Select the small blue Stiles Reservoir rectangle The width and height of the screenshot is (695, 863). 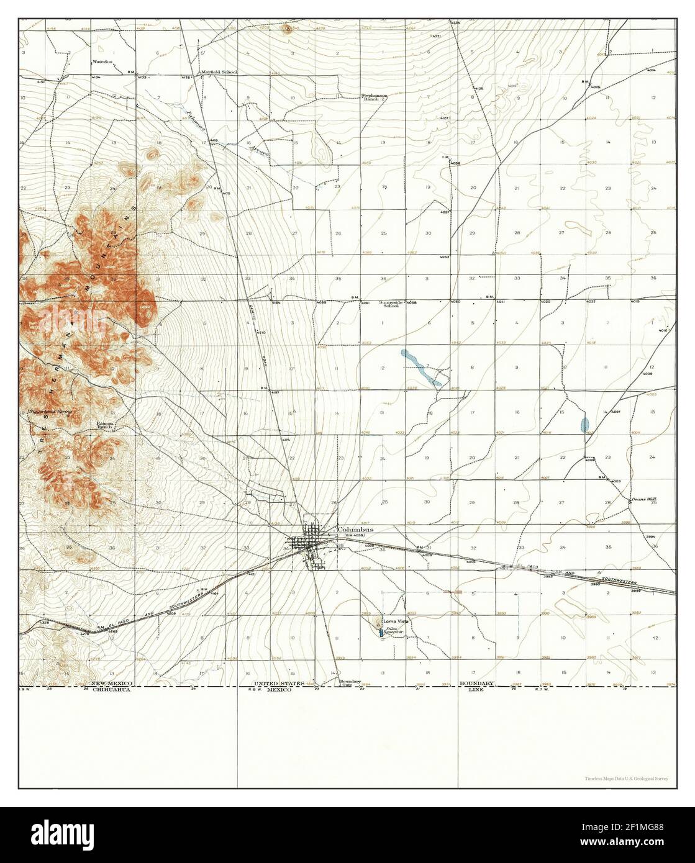click(381, 633)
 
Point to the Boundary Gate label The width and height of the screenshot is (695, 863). click(350, 682)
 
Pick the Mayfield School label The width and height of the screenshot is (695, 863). click(219, 72)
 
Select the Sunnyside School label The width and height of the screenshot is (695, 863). click(389, 304)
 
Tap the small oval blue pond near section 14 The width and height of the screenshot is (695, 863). click(584, 425)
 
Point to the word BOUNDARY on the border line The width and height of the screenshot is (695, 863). click(477, 683)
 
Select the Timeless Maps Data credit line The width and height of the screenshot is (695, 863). click(626, 778)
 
